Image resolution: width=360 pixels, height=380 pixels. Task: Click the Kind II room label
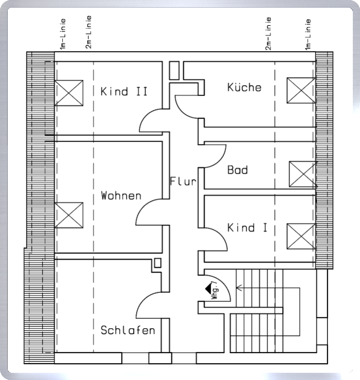click(x=124, y=91)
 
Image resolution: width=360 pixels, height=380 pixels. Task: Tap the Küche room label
click(x=244, y=87)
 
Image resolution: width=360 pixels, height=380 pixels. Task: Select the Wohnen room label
click(x=121, y=196)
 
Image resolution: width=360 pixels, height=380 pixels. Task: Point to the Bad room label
click(x=237, y=170)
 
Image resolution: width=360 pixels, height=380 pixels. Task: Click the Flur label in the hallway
click(x=183, y=181)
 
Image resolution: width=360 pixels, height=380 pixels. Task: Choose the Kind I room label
click(x=247, y=227)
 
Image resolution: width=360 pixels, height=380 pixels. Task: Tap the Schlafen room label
click(x=128, y=330)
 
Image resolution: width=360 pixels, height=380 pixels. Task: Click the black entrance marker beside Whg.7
click(x=208, y=289)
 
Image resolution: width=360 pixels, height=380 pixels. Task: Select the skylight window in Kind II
click(x=69, y=93)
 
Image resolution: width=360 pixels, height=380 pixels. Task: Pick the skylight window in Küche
click(x=301, y=90)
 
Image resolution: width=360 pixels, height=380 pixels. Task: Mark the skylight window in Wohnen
click(x=69, y=215)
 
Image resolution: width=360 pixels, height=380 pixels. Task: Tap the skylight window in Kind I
click(x=301, y=236)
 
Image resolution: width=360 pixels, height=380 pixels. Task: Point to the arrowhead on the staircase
click(x=239, y=288)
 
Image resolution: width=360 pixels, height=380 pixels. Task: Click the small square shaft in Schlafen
click(x=157, y=263)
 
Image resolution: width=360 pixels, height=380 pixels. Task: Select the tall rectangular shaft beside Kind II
click(x=174, y=70)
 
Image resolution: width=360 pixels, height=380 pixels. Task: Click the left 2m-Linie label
click(x=89, y=32)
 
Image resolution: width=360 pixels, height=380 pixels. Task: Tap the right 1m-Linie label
click(x=308, y=34)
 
